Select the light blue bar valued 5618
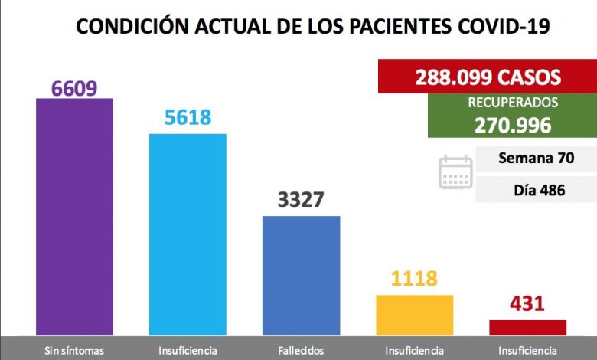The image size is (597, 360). pyautogui.click(x=188, y=234)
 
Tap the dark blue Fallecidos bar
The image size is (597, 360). pyautogui.click(x=301, y=275)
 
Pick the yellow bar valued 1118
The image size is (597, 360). pyautogui.click(x=414, y=315)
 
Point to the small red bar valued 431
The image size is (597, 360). pyautogui.click(x=527, y=327)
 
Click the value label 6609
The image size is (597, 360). pyautogui.click(x=74, y=88)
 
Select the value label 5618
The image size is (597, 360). pyautogui.click(x=188, y=117)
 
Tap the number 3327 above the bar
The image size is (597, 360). pyautogui.click(x=301, y=201)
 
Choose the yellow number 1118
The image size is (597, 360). pyautogui.click(x=414, y=279)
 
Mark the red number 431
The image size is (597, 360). pyautogui.click(x=527, y=303)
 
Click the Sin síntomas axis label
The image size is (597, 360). pyautogui.click(x=74, y=351)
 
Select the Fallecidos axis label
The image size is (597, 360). pyautogui.click(x=301, y=351)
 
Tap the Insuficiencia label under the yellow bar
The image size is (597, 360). pyautogui.click(x=414, y=351)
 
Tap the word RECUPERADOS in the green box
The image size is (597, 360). pyautogui.click(x=502, y=102)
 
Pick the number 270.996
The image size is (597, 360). pyautogui.click(x=502, y=124)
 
